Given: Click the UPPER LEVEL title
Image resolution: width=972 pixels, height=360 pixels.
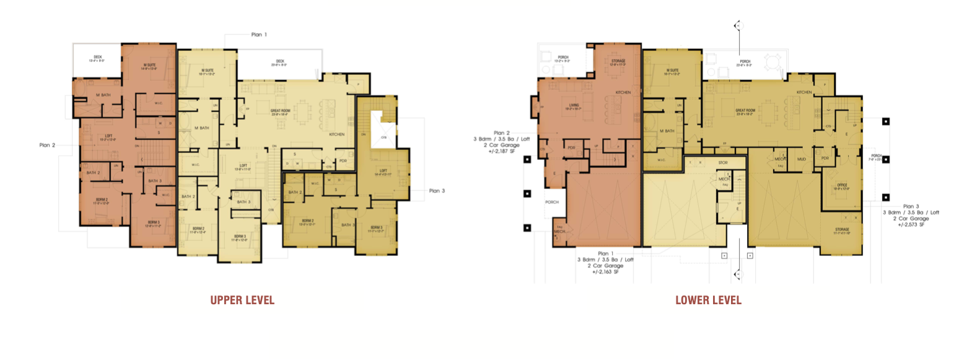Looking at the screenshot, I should pos(242,301).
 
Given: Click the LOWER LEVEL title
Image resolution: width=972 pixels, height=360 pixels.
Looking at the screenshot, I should pos(708,301).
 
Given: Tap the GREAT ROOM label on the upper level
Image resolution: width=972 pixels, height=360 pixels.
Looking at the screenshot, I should pos(280,112).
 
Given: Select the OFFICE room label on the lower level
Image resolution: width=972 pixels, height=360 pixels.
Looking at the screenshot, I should pos(841,186).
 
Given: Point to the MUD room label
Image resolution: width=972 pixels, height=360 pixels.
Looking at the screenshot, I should pos(801,159).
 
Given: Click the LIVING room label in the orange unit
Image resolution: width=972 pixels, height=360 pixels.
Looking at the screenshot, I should pos(574,107).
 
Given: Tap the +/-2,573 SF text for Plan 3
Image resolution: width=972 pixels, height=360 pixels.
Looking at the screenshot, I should pos(911,224).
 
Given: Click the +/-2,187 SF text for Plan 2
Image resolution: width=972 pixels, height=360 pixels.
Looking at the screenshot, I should pos(501,151).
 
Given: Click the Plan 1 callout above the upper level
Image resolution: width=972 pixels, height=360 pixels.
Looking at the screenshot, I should pos(259,35).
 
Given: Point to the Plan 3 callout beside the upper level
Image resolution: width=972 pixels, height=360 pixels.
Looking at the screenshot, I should pos(437,191).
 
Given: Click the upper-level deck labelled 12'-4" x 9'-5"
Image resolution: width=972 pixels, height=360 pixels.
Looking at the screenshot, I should pos(97,59).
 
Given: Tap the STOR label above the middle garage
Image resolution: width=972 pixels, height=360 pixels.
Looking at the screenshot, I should pos(723,162).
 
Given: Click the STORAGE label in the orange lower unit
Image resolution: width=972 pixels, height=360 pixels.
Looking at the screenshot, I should pos(618,62).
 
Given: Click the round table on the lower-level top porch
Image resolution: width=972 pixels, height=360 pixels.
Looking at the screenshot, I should pos(773,63).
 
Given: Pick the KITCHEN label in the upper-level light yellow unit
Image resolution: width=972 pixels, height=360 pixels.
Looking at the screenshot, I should pos(336,134).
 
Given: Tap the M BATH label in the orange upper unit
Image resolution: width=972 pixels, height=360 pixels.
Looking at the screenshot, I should pos(103,95).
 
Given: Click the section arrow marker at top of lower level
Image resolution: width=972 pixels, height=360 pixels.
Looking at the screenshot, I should pos(737,25).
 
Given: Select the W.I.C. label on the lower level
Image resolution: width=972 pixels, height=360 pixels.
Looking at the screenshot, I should pos(660,160).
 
